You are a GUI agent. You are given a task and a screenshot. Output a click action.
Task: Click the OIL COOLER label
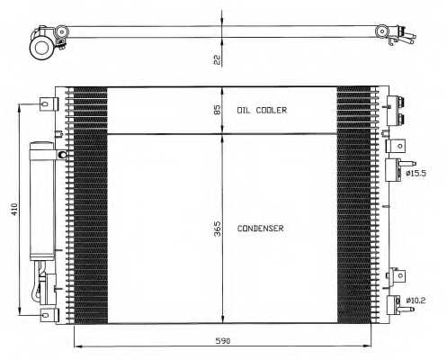262,110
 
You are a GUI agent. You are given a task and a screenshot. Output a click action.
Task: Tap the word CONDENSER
261,229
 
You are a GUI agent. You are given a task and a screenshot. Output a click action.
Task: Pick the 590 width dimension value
223,340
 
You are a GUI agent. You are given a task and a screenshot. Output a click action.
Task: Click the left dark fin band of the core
89,205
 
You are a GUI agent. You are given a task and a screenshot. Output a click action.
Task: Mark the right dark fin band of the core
353,205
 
